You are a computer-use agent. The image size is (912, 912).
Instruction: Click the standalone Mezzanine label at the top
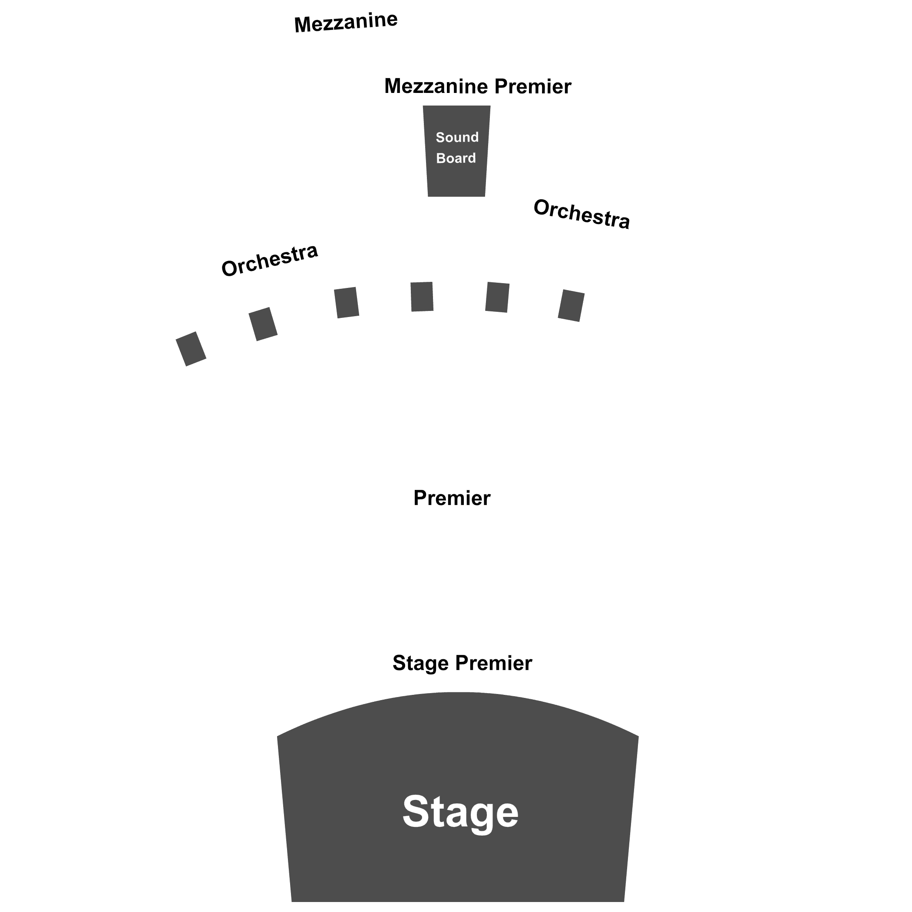(346, 22)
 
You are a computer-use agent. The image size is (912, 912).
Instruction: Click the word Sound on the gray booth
(457, 137)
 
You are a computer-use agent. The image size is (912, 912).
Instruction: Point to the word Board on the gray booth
(456, 158)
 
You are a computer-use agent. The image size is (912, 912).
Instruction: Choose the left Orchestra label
(270, 260)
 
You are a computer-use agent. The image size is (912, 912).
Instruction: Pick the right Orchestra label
(582, 214)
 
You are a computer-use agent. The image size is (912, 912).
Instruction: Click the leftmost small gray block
(191, 349)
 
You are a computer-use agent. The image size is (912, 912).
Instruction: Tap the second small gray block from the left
(263, 324)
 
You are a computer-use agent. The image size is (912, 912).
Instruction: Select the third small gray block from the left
(347, 303)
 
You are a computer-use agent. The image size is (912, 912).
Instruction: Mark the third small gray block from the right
(422, 297)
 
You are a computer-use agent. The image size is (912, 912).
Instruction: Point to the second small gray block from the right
(498, 297)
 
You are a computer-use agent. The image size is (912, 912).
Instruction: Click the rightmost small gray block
(571, 306)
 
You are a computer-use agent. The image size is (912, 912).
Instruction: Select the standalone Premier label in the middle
(452, 499)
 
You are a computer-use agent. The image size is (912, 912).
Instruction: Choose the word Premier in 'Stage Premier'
(494, 663)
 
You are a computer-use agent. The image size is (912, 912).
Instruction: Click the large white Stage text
(460, 813)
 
